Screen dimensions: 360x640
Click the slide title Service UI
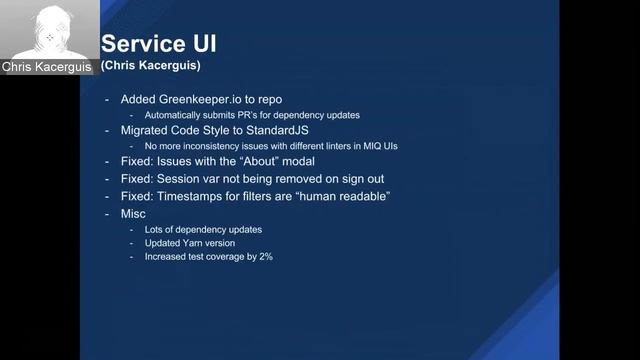pos(159,43)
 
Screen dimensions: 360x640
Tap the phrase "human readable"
pos(338,196)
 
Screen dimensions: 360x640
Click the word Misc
pos(133,214)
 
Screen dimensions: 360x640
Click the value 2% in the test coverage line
pos(265,257)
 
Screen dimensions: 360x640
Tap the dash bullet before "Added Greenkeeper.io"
pos(107,100)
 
